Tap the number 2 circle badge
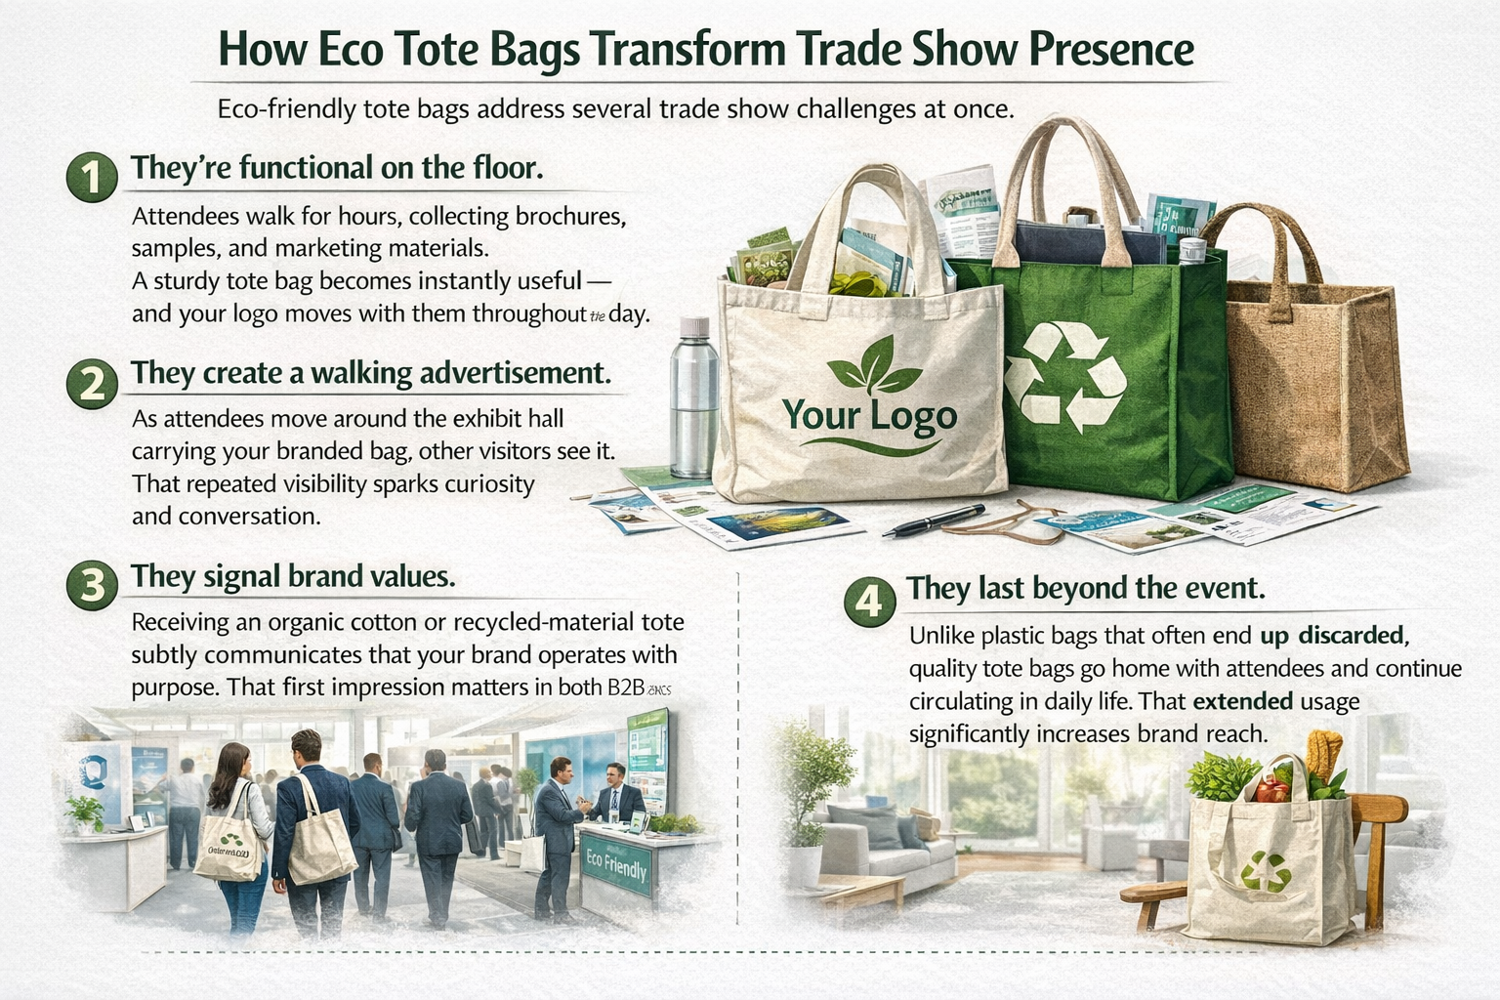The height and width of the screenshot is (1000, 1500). [92, 383]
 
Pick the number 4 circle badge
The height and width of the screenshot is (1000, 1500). [868, 599]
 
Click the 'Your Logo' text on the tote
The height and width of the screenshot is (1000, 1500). [870, 416]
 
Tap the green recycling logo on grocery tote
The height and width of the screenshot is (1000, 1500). [1266, 871]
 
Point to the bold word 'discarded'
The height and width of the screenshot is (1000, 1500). [1352, 636]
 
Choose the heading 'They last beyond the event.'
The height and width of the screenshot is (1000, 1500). [1086, 589]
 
